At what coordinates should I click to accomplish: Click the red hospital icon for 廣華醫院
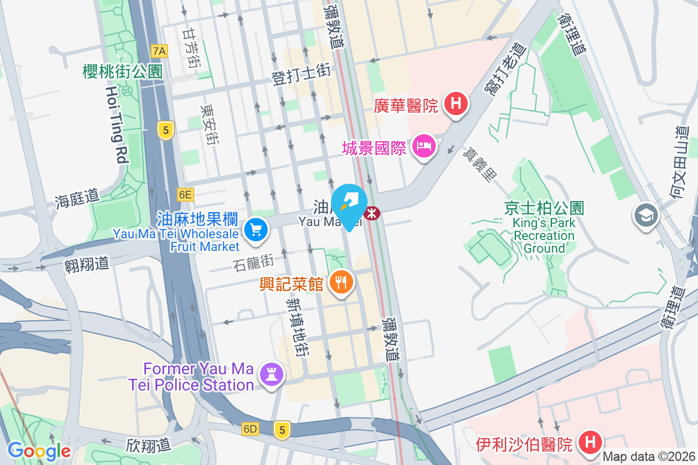point(456,105)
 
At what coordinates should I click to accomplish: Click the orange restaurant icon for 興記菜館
point(341,282)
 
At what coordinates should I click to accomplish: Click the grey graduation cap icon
point(645,215)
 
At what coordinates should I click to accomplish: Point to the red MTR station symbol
point(371,213)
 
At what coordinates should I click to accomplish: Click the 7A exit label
point(159,51)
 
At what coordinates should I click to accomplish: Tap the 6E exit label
point(185,195)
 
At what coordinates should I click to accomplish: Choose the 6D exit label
point(251,429)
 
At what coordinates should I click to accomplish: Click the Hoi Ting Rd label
point(117,124)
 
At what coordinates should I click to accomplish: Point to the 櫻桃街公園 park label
point(122,71)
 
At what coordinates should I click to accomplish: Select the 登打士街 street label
point(301,75)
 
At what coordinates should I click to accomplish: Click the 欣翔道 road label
point(148,445)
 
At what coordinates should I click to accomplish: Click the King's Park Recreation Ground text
point(544,235)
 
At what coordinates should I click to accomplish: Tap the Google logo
point(39,450)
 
